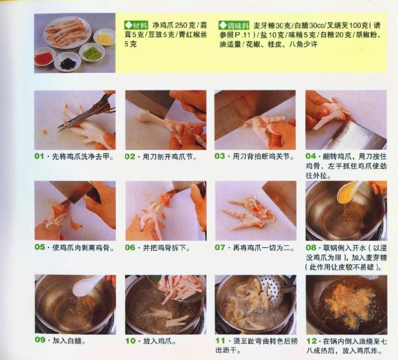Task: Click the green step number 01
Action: click(x=39, y=156)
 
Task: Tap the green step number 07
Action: click(x=220, y=248)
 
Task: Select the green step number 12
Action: click(x=311, y=341)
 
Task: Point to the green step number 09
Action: click(x=40, y=340)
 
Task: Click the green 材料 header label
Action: click(x=136, y=25)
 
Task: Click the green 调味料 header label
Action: click(x=234, y=25)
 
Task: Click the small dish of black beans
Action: click(x=67, y=62)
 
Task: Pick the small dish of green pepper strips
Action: click(x=91, y=53)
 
